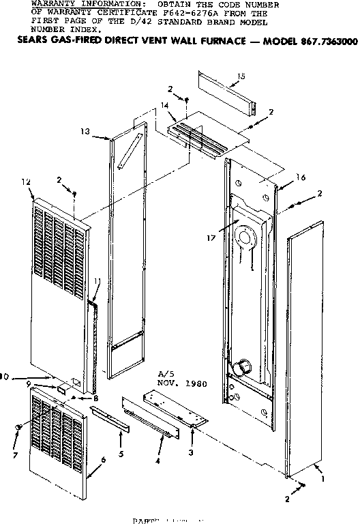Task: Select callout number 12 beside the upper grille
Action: pos(27,182)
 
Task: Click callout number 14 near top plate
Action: pos(164,106)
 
